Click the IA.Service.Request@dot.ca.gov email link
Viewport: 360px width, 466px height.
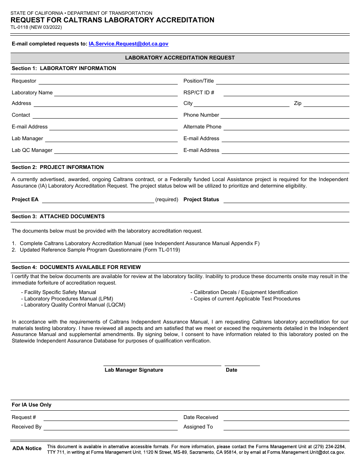[128, 44]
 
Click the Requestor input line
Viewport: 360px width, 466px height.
[108, 81]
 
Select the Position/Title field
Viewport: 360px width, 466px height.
[282, 81]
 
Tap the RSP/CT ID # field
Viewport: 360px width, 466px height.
[286, 93]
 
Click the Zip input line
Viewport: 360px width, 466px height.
[326, 103]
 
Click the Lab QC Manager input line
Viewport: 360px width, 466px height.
[116, 150]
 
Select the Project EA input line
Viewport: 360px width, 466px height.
[98, 200]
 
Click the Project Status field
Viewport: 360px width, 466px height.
[286, 200]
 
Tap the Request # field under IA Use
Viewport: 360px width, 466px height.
[110, 418]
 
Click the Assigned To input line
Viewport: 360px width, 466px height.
[286, 427]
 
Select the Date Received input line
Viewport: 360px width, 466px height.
[286, 418]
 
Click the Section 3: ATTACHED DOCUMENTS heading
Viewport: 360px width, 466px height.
[58, 217]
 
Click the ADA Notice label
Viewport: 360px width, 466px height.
[27, 449]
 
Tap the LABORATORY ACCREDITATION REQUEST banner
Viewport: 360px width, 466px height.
[180, 58]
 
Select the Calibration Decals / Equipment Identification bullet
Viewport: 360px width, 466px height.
[246, 292]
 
